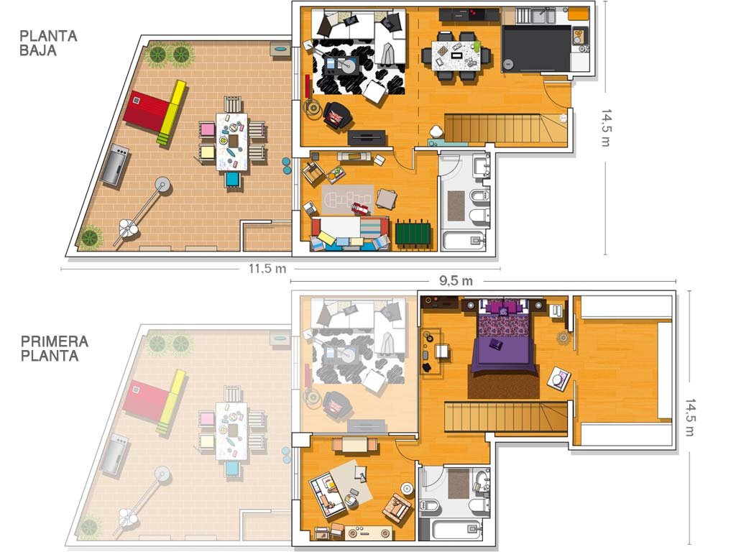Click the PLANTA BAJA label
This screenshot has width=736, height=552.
tap(48, 43)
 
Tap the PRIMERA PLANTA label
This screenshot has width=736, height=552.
tap(55, 349)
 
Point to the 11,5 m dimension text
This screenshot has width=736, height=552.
tap(267, 269)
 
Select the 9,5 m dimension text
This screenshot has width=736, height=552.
tap(456, 281)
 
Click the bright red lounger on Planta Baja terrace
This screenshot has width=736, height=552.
tap(146, 112)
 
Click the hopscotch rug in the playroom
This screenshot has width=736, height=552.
tap(347, 201)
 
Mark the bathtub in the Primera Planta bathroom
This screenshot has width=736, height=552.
tap(456, 530)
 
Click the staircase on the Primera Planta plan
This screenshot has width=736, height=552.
tap(507, 417)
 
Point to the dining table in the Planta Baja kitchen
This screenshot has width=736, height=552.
tap(456, 56)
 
